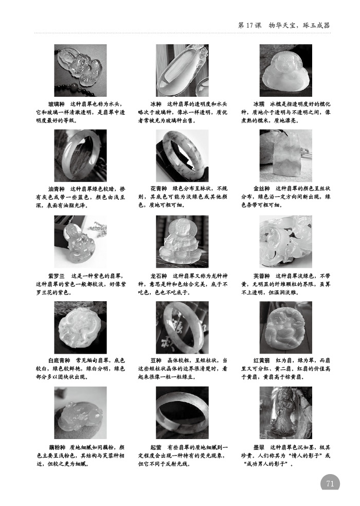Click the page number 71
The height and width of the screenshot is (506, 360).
(330, 484)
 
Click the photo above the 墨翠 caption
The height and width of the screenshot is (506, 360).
(285, 412)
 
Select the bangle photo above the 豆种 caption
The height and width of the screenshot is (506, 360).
(182, 327)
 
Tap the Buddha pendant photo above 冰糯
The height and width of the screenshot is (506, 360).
(285, 70)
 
